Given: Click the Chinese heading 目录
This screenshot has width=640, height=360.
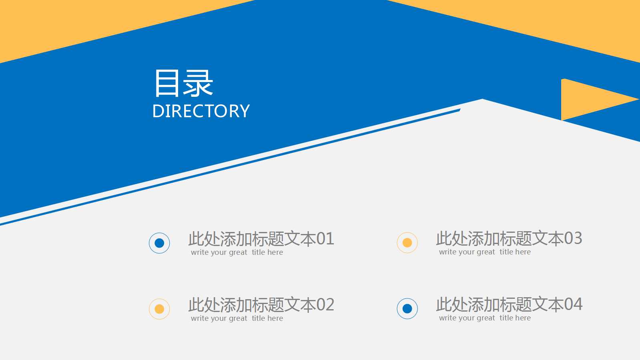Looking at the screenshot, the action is pos(183,83).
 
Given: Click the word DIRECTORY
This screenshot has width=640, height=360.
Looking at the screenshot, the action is pos(201,111).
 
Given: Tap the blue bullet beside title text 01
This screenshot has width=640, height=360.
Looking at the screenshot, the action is pos(159,243).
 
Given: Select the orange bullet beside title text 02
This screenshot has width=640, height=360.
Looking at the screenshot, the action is pos(159,309).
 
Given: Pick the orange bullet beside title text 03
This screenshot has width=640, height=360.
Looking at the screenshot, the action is pos(407,243).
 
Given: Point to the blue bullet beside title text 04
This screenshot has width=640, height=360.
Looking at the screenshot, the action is pos(407,309).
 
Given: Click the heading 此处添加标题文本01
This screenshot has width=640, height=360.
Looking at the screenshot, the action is pos(261,239).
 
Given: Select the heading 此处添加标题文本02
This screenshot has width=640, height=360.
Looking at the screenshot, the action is pos(261,305).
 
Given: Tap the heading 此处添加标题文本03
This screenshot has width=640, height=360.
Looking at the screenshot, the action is pos(509,238).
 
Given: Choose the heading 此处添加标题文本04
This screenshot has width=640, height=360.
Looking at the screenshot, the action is pos(509,304).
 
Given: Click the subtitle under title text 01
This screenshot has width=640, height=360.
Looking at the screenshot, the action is pos(237,252).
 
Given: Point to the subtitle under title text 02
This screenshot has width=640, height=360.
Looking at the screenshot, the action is pos(237,318).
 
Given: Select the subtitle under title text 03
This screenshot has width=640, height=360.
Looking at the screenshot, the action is pos(485,252).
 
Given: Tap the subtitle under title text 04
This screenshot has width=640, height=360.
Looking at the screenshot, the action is pos(485,318).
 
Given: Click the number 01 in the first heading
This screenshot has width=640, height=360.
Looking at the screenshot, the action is pos(325,239).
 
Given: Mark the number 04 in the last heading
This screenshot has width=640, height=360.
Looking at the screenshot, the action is pos(573,304).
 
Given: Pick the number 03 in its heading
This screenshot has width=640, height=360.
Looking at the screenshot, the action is pos(573,238).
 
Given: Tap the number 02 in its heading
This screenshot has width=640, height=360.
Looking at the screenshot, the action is pos(325,305).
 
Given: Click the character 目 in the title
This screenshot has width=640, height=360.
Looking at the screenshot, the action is pos(167,83).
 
